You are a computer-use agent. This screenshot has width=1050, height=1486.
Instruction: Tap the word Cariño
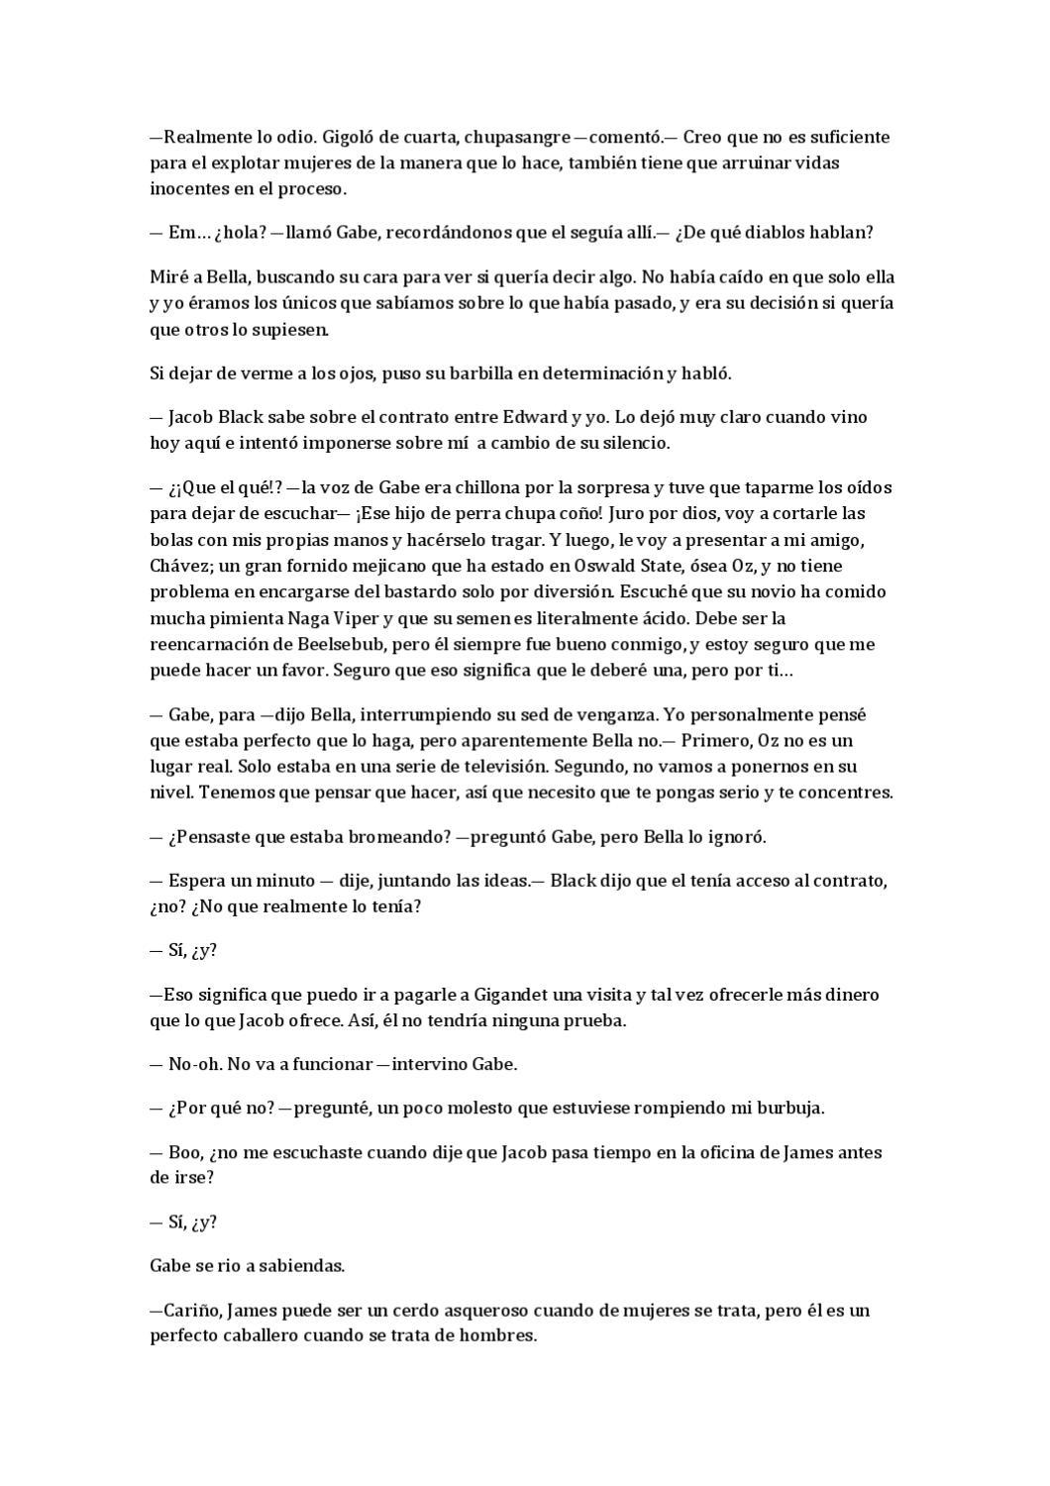[x=191, y=1310]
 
